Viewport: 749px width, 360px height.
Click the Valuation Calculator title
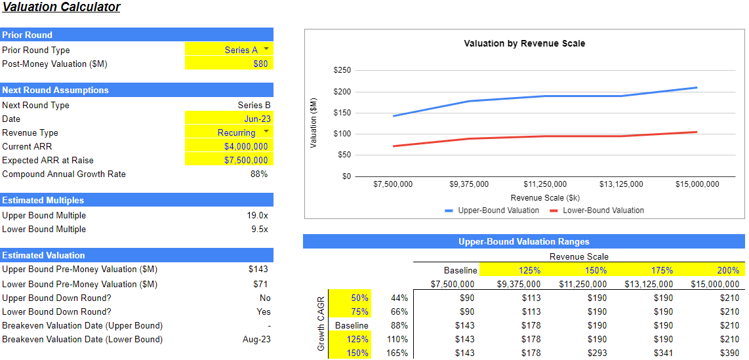[61, 8]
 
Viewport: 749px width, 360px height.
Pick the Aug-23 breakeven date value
[256, 339]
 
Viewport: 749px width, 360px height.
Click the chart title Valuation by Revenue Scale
[524, 43]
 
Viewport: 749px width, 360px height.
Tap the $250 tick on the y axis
[342, 70]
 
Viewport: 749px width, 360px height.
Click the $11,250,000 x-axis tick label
[544, 184]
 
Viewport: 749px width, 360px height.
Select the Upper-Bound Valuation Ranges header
[523, 242]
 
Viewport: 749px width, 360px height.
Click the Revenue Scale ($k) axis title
[544, 197]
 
